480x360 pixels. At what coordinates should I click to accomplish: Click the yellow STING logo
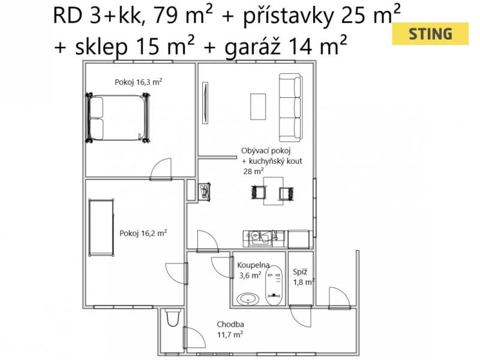pos(430,34)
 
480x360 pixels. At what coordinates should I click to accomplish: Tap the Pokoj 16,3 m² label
pos(139,82)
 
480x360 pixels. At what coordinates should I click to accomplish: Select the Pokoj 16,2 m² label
pos(143,233)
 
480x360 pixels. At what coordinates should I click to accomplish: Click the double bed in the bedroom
pos(118,118)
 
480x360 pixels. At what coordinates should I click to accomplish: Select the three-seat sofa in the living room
pos(290,107)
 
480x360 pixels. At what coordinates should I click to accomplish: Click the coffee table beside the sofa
pos(258,107)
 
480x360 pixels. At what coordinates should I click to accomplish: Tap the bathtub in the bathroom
pos(274,286)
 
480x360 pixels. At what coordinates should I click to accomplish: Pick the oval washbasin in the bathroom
pos(248,299)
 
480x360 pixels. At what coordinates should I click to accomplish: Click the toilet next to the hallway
pos(173,317)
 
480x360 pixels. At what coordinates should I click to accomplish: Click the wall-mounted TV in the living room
pos(205,103)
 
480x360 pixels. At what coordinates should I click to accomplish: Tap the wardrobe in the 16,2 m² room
pos(101,227)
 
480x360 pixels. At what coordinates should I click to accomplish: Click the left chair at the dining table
pos(259,193)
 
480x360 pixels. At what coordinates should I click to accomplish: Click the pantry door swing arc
pos(301,316)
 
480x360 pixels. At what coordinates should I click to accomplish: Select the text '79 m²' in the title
pos(183,16)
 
